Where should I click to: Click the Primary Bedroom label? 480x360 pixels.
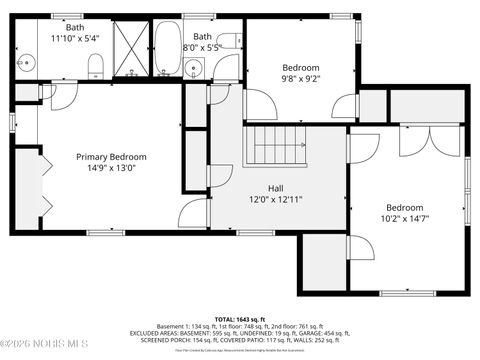(112, 157)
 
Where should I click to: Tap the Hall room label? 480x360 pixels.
(275, 188)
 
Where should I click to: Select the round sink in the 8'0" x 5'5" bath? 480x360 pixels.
(193, 68)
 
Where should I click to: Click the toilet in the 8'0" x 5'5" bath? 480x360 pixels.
(228, 41)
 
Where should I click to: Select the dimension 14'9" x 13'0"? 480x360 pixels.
(112, 169)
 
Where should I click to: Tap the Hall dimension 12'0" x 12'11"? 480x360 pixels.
(275, 199)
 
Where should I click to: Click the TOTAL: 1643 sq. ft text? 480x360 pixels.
(240, 318)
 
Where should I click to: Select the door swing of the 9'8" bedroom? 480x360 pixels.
(259, 105)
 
